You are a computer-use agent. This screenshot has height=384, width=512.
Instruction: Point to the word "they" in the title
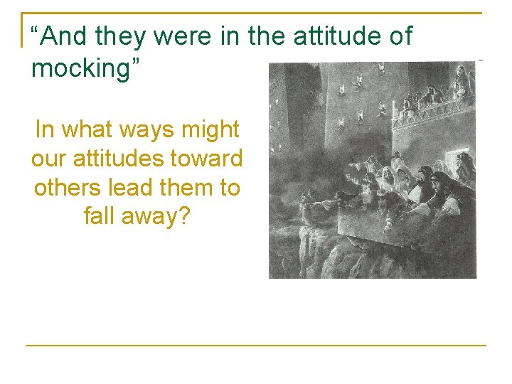pyautogui.click(x=122, y=36)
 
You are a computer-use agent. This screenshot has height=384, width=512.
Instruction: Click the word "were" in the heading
pyautogui.click(x=184, y=36)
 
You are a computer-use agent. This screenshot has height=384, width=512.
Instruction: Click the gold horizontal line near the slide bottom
pyautogui.click(x=256, y=346)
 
